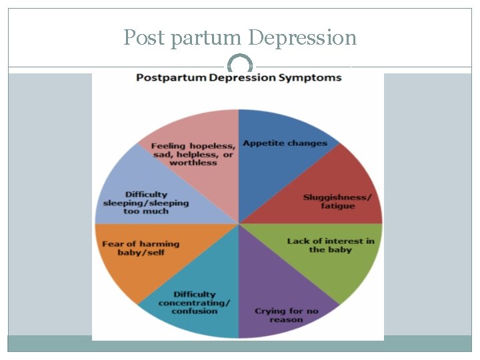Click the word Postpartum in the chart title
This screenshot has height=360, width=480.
tap(169, 77)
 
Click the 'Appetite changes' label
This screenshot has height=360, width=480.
tap(285, 143)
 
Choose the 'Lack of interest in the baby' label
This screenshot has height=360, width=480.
tap(331, 245)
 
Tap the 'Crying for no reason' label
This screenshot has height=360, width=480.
tap(286, 315)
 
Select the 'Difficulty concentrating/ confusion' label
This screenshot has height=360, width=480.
tap(195, 303)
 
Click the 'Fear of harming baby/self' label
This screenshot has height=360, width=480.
tap(141, 249)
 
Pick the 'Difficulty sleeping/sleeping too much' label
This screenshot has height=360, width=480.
tap(146, 203)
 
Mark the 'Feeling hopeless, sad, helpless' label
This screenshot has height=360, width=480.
tap(193, 154)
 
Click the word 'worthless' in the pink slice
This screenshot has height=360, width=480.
tap(193, 163)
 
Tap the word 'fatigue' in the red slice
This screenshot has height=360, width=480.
tap(338, 207)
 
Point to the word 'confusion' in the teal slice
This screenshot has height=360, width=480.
tap(195, 311)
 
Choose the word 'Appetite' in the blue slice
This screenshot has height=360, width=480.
tap(263, 143)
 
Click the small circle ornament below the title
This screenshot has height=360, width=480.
tap(240, 65)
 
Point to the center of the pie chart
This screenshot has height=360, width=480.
tap(239, 223)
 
